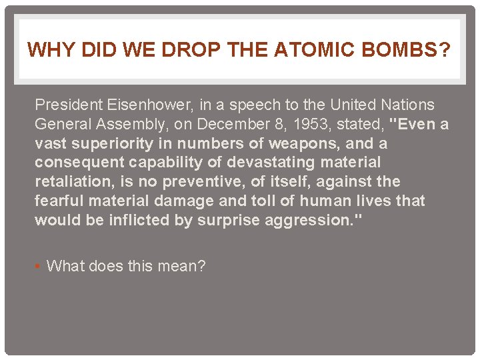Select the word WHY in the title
tap(47, 50)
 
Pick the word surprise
tap(227, 221)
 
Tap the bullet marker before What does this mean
tap(38, 267)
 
